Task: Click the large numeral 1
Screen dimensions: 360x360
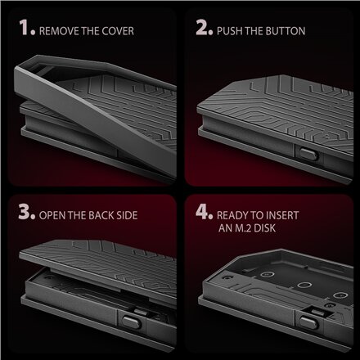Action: [x=25, y=27]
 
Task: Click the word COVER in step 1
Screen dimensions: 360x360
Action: [x=118, y=31]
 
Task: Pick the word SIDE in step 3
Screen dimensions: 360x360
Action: [x=127, y=215]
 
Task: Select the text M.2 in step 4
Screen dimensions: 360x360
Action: [x=243, y=228]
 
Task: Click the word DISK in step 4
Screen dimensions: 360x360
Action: [x=265, y=228]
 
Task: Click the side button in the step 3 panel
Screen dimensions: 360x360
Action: [x=132, y=322]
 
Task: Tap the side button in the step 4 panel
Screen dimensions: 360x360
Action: [x=308, y=322]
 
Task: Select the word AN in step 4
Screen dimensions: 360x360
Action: [x=225, y=228]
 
